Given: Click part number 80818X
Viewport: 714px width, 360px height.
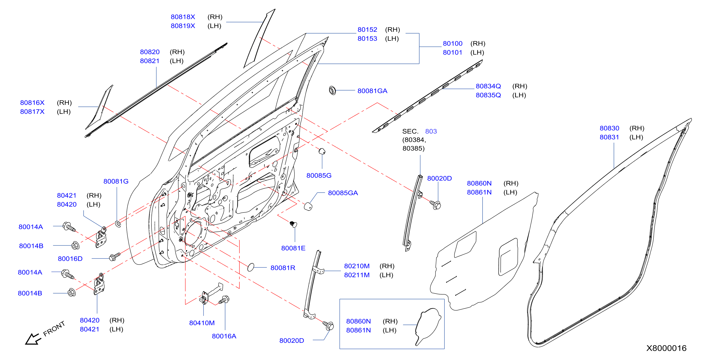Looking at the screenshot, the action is [183, 17].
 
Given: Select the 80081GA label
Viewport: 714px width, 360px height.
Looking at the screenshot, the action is [372, 91].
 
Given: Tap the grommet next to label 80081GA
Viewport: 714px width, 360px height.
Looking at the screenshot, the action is [332, 90].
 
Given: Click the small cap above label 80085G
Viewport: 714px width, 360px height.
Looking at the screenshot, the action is [322, 151].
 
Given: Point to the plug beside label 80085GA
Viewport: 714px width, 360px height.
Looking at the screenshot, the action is [308, 206].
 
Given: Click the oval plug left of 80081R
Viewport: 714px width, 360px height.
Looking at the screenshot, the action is [251, 267].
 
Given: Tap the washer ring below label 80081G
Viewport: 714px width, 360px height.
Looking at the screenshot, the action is [118, 223].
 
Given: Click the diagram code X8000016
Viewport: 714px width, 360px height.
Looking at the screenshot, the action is [666, 348].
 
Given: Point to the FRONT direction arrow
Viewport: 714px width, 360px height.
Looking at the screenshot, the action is [33, 339].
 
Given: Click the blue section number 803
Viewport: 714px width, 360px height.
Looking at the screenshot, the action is [431, 131].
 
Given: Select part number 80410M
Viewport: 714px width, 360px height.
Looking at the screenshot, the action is [202, 323].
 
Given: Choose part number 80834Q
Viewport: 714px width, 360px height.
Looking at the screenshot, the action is [488, 86].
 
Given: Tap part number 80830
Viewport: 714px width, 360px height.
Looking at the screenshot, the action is [609, 128].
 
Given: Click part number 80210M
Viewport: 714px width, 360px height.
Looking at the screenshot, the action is [357, 266].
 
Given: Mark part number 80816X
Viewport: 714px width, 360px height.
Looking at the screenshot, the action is [32, 103].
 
